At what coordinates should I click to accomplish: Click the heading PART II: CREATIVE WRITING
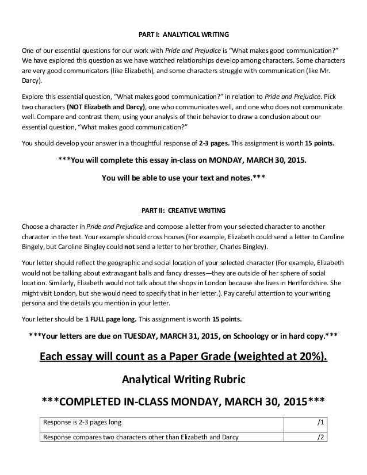[183, 209]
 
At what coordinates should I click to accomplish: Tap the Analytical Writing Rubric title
[183, 380]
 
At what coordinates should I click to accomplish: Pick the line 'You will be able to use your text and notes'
[183, 178]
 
